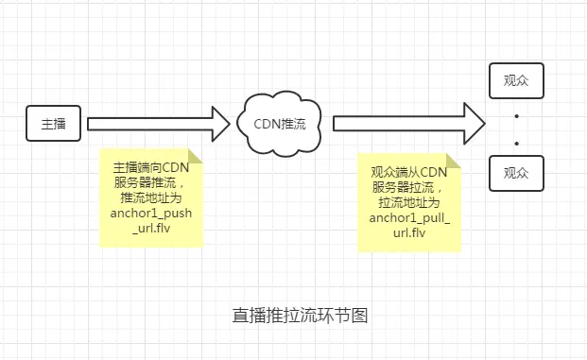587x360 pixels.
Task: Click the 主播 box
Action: (x=53, y=123)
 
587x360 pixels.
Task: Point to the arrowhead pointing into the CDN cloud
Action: (x=219, y=123)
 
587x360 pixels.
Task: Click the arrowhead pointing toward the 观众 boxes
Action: (x=474, y=123)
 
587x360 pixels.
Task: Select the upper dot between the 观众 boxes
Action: (x=516, y=116)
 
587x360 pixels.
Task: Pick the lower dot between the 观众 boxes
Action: (x=516, y=143)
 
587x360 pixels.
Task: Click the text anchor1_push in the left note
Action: (x=151, y=214)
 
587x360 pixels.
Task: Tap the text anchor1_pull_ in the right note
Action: (x=409, y=219)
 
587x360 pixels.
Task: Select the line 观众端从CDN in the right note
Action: (x=409, y=172)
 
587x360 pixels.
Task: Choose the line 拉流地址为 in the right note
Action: (x=409, y=203)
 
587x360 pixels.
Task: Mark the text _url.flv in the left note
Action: (x=151, y=229)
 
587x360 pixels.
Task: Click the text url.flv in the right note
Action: (x=409, y=234)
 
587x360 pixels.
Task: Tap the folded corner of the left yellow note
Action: (x=195, y=155)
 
